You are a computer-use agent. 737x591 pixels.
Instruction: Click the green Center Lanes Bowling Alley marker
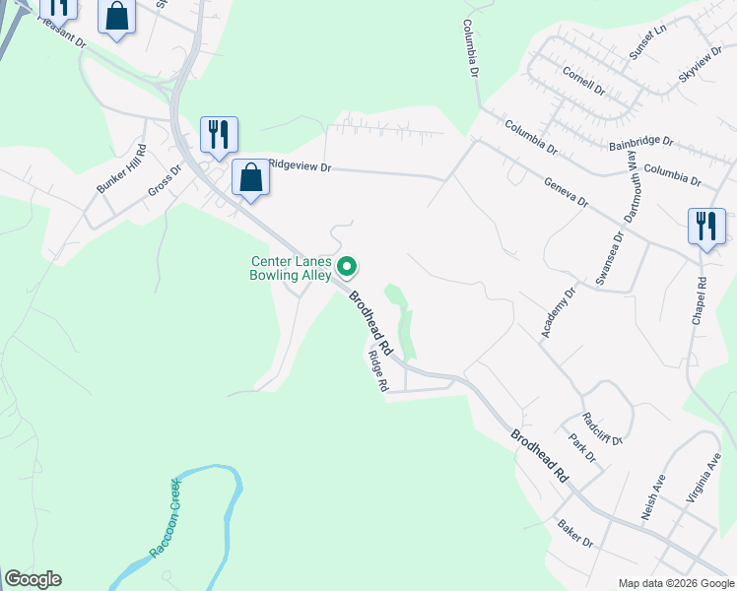(347, 266)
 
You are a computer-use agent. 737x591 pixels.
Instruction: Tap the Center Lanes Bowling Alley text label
(293, 269)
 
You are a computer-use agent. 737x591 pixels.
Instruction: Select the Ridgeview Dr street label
(300, 167)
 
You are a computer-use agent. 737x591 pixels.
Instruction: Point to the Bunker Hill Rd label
(120, 169)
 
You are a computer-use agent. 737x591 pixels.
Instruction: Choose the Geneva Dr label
(566, 192)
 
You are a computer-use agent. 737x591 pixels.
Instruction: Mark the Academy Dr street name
(557, 313)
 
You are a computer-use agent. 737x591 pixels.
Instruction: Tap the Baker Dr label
(575, 535)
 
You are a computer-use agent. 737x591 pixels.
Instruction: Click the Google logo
(33, 579)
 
